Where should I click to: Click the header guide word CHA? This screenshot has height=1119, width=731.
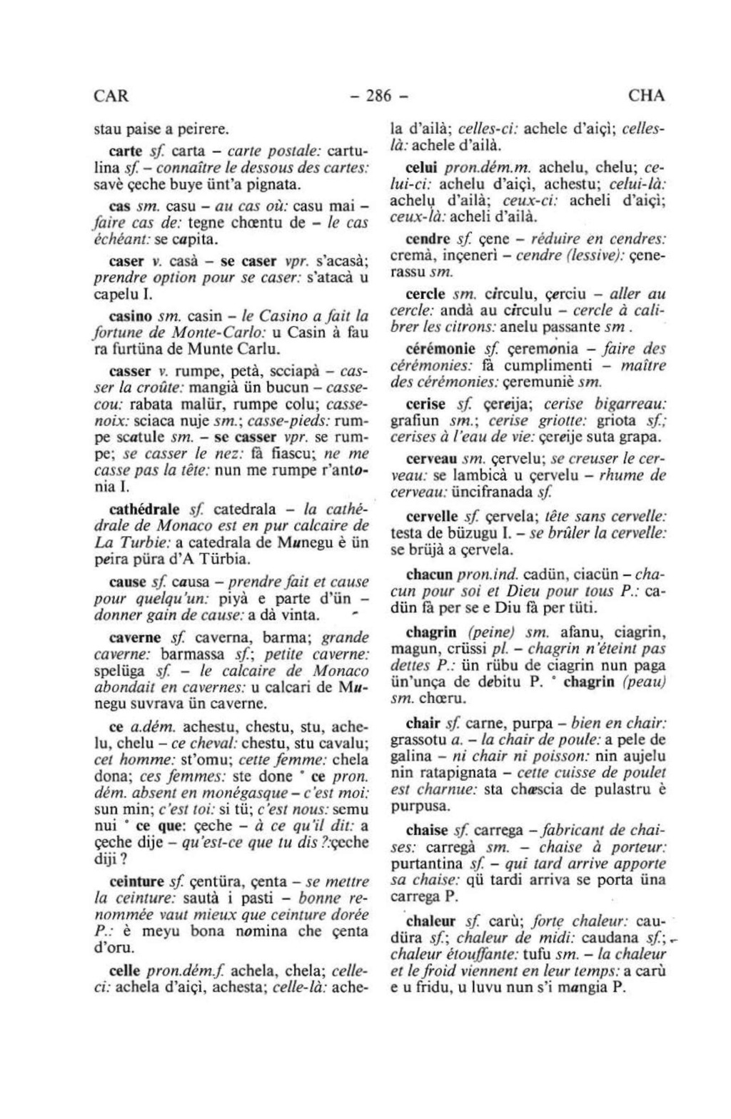pyautogui.click(x=647, y=96)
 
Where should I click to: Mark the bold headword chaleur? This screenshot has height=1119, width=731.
pyautogui.click(x=431, y=920)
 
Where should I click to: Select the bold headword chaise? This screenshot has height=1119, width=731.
pyautogui.click(x=426, y=831)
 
